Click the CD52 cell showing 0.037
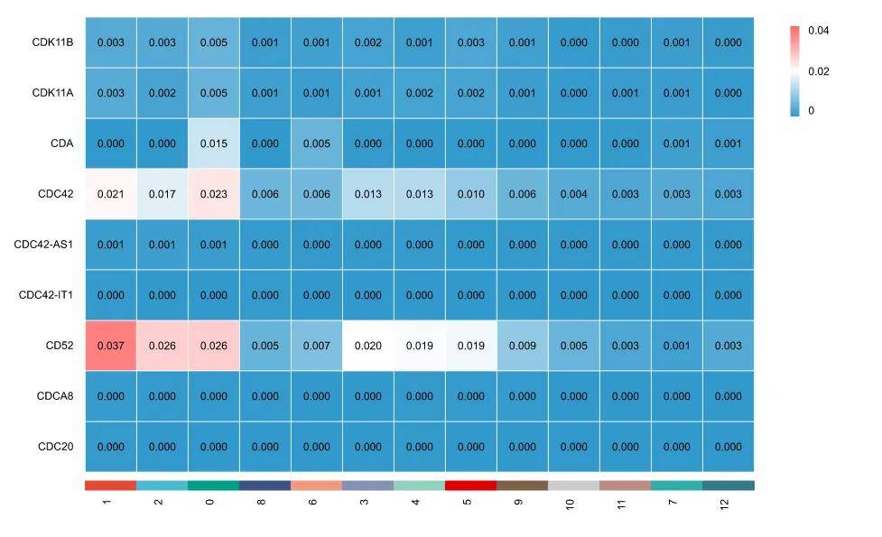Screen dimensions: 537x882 111,346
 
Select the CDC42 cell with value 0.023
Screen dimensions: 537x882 214,194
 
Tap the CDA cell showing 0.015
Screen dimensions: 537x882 214,144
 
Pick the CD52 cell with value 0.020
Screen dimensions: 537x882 368,346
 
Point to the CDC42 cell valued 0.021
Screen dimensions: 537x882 111,194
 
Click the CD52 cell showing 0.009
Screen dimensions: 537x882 522,346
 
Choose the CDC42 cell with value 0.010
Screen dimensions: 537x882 470,194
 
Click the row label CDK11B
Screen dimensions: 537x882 52,42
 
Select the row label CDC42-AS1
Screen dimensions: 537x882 46,245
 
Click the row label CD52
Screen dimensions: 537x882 60,346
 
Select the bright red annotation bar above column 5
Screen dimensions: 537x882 470,486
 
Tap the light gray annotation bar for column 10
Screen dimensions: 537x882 573,486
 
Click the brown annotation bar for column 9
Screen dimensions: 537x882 522,486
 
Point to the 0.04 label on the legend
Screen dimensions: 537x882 818,31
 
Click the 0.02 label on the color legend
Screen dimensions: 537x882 818,71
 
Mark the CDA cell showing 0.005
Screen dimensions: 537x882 317,144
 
